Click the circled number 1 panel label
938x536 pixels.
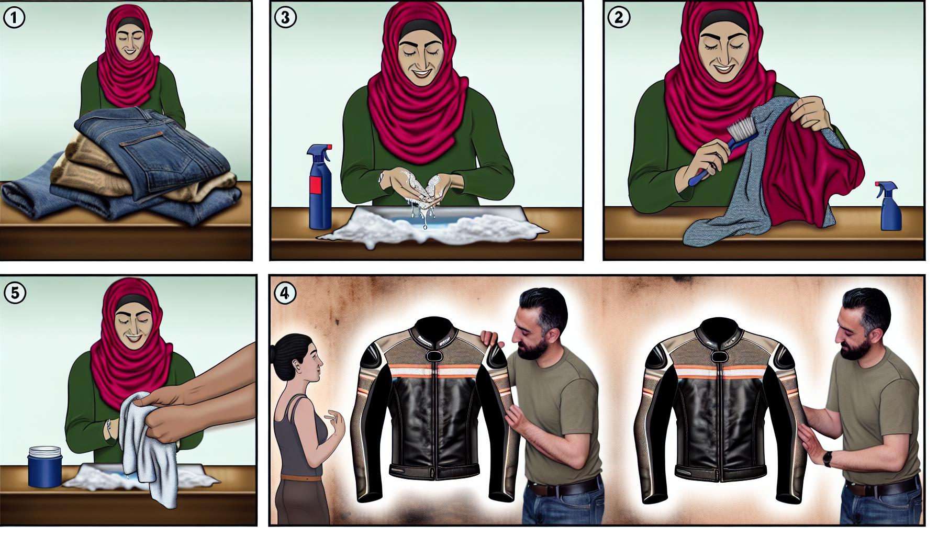pyautogui.click(x=14, y=19)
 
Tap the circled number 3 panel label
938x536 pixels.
pyautogui.click(x=285, y=18)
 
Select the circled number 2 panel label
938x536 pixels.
pyautogui.click(x=619, y=18)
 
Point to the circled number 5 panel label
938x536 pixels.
pyautogui.click(x=14, y=293)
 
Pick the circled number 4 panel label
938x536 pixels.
pyautogui.click(x=285, y=293)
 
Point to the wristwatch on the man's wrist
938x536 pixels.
pyautogui.click(x=827, y=459)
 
